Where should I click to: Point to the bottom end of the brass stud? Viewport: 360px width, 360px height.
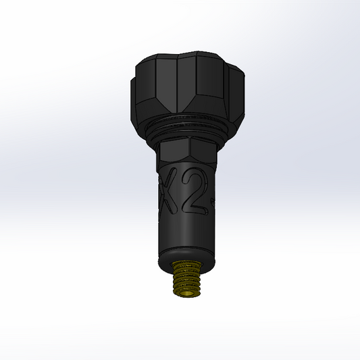188,294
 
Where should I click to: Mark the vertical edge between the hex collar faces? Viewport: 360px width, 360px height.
192,151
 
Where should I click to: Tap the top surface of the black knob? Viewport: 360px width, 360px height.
182,55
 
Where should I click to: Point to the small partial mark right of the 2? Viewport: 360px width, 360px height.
213,200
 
